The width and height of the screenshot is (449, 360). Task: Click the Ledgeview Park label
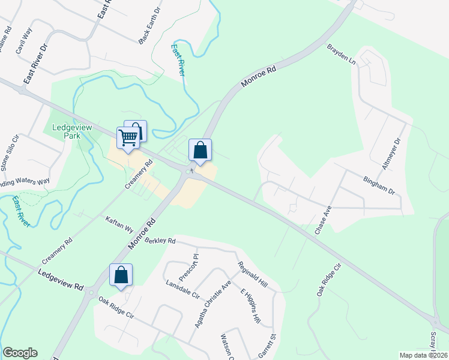click(x=70, y=132)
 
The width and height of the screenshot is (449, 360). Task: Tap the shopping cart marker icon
click(x=128, y=137)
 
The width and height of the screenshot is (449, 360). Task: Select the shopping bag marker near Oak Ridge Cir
click(x=121, y=275)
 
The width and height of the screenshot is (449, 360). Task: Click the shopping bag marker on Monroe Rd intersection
click(x=200, y=150)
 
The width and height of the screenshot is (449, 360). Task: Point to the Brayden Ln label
click(x=341, y=54)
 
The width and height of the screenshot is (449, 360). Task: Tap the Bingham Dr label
click(x=379, y=185)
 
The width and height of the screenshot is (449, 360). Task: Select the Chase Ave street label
click(x=323, y=220)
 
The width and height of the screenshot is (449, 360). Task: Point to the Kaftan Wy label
click(x=119, y=224)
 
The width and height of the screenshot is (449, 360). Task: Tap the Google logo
click(x=20, y=353)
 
